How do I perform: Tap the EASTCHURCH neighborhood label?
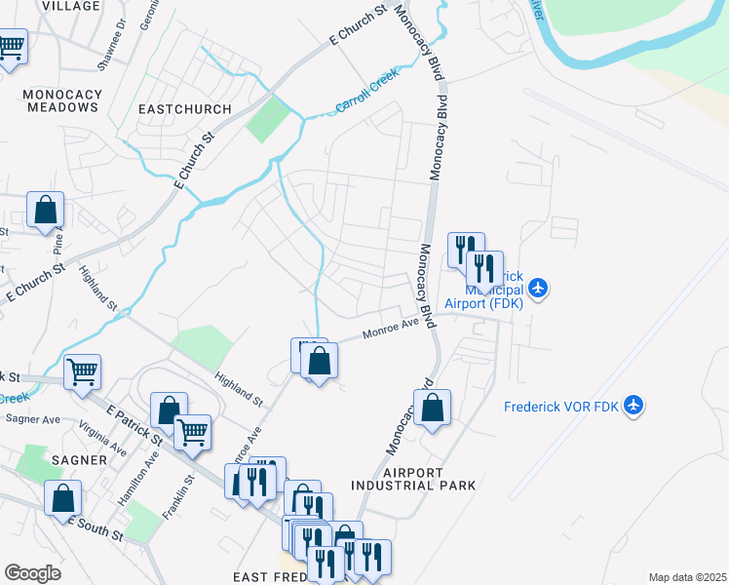[185, 109]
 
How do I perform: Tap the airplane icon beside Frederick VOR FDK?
[633, 405]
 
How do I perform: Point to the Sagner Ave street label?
[33, 419]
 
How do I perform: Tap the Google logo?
[32, 573]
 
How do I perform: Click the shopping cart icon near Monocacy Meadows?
[11, 45]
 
